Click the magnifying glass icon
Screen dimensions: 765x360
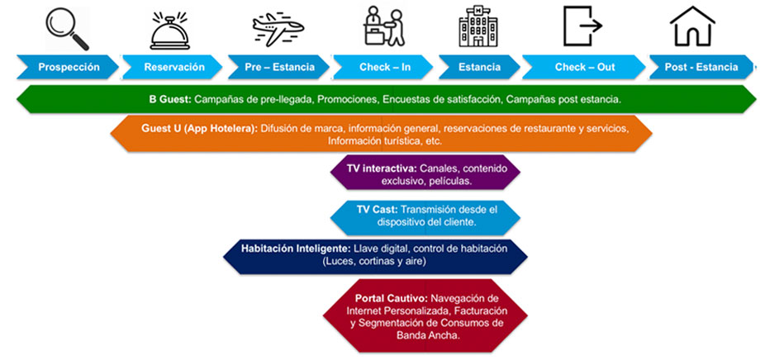pyautogui.click(x=67, y=29)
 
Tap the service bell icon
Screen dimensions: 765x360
pyautogui.click(x=170, y=31)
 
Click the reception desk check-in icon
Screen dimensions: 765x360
pyautogui.click(x=384, y=26)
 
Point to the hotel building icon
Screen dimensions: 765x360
pyautogui.click(x=478, y=26)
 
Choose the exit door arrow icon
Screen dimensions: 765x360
pyautogui.click(x=583, y=26)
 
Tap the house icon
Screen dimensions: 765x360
pyautogui.click(x=692, y=26)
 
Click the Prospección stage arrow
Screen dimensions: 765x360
pyautogui.click(x=68, y=67)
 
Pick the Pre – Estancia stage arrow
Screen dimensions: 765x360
pyautogui.click(x=279, y=67)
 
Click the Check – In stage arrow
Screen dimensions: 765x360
pyautogui.click(x=383, y=67)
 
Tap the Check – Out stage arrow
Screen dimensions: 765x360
pyautogui.click(x=583, y=67)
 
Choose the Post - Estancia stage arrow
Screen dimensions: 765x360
pyautogui.click(x=702, y=67)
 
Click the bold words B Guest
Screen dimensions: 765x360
pyautogui.click(x=170, y=100)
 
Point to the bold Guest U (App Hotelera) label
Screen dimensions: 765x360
pyautogui.click(x=200, y=129)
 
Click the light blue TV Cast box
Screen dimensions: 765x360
pyautogui.click(x=425, y=216)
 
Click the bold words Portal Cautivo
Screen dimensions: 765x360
pyautogui.click(x=392, y=297)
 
